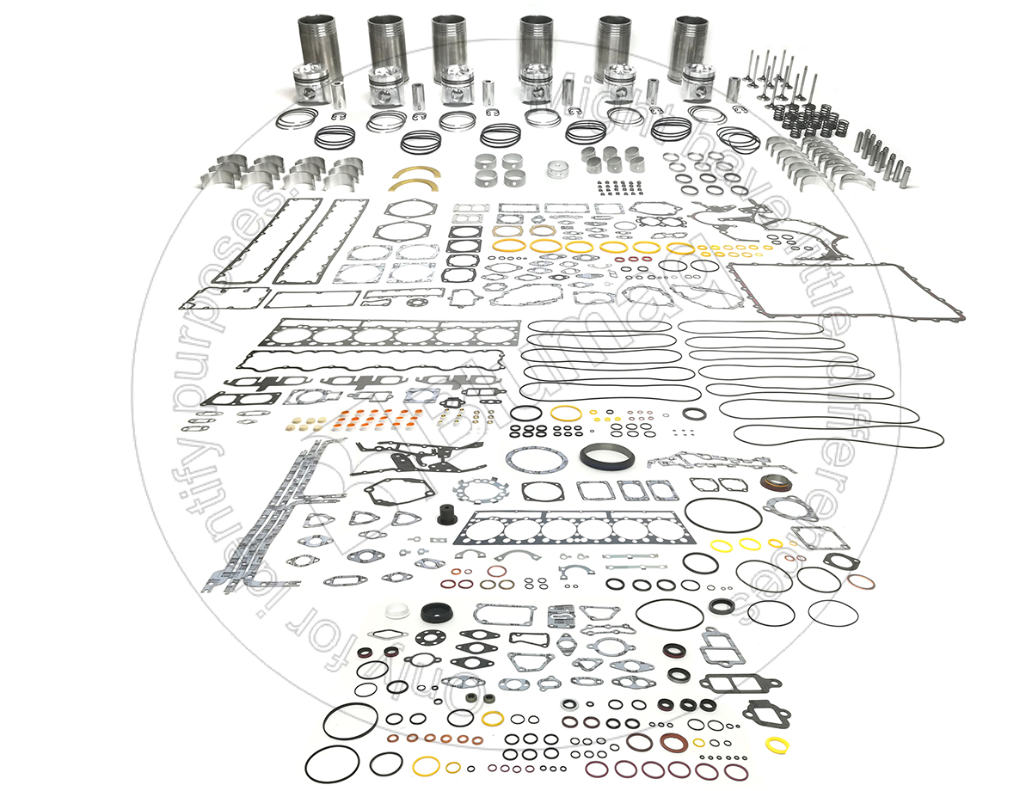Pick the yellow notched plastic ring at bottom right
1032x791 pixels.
[777, 744]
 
